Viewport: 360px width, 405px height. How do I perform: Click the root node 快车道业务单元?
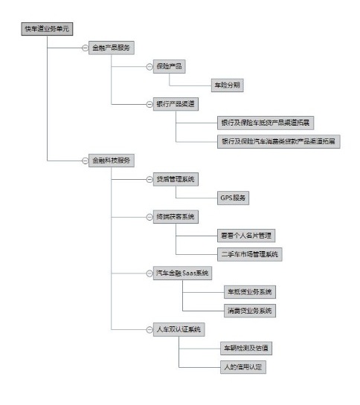45,28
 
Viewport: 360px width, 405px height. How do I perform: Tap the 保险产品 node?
169,66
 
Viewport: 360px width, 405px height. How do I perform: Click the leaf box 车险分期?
226,85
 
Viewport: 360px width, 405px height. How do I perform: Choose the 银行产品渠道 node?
176,103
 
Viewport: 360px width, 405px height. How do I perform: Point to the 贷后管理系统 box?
175,179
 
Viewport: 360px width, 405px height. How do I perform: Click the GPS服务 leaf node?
234,198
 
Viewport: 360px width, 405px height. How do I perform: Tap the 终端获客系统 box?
175,217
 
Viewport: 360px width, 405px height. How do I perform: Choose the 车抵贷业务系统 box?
249,292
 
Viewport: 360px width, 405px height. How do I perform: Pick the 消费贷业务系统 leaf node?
249,311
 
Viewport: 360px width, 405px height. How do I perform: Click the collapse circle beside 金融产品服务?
85,48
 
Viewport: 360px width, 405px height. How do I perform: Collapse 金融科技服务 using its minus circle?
85,160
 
